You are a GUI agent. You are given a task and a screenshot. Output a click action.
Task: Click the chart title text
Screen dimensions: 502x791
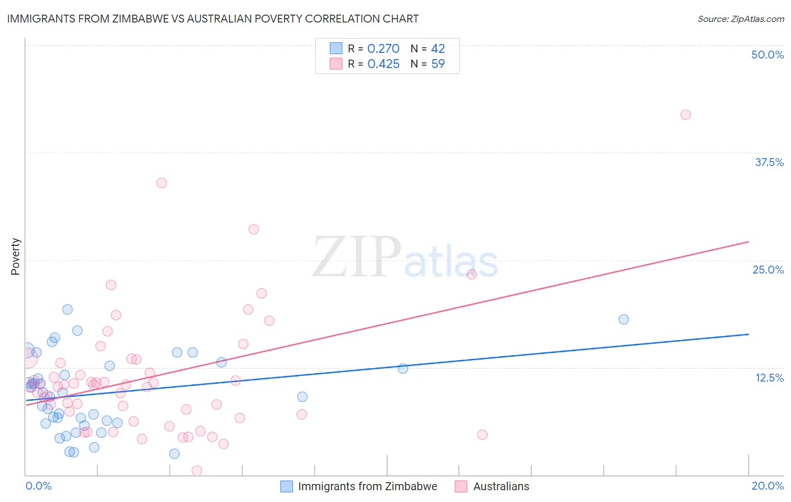pyautogui.click(x=213, y=19)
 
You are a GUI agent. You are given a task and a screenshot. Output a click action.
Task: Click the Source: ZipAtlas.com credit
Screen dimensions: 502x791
pyautogui.click(x=740, y=19)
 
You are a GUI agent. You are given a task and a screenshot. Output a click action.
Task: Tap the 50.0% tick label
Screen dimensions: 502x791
pyautogui.click(x=767, y=55)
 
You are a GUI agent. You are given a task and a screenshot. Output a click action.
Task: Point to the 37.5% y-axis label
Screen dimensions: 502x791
pyautogui.click(x=769, y=162)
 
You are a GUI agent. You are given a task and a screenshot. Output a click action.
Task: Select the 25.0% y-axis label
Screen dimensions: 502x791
pyautogui.click(x=768, y=270)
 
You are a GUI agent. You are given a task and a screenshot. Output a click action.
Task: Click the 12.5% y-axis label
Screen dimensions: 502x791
pyautogui.click(x=769, y=378)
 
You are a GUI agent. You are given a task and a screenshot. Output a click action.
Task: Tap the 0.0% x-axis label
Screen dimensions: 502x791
pyautogui.click(x=38, y=486)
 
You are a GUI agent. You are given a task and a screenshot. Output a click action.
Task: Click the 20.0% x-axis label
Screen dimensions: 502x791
pyautogui.click(x=767, y=486)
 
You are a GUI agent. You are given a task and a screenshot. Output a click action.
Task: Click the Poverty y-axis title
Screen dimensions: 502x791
pyautogui.click(x=15, y=257)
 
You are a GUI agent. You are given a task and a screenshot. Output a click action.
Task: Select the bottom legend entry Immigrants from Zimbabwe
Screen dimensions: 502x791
pyautogui.click(x=367, y=486)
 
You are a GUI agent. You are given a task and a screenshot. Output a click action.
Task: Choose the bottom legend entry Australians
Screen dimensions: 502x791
pyautogui.click(x=501, y=486)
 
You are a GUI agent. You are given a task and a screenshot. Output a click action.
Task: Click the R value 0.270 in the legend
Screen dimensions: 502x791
pyautogui.click(x=383, y=49)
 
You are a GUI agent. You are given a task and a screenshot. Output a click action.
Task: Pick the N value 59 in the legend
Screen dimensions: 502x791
pyautogui.click(x=438, y=64)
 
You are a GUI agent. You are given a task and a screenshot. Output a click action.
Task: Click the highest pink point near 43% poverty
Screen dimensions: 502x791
pyautogui.click(x=685, y=115)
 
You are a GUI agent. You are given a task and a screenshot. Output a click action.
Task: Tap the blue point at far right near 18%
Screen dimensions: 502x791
pyautogui.click(x=623, y=319)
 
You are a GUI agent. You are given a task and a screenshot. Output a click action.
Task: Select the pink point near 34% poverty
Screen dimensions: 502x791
pyautogui.click(x=161, y=183)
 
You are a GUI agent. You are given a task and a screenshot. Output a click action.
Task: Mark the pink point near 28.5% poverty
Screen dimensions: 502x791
pyautogui.click(x=254, y=229)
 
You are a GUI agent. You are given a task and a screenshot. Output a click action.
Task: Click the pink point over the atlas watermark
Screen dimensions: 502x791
pyautogui.click(x=471, y=274)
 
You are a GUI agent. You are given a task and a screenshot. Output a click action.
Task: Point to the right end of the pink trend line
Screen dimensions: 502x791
pyautogui.click(x=748, y=241)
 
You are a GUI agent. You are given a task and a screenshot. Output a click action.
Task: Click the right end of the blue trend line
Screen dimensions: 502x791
pyautogui.click(x=748, y=334)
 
